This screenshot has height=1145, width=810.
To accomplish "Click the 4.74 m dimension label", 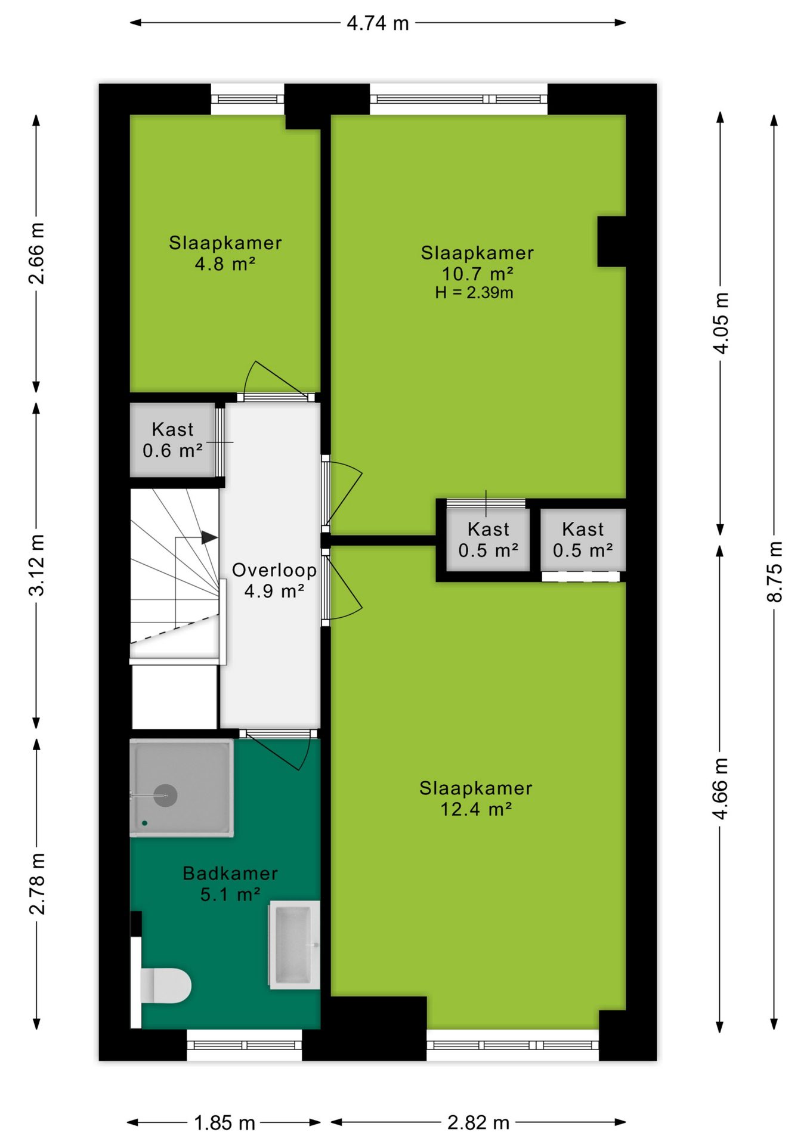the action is point(378,23).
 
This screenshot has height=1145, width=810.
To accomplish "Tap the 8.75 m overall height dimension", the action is point(774,571).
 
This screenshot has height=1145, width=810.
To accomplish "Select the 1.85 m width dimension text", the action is point(224,1123).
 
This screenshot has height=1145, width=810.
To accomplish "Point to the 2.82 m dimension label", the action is point(478,1122).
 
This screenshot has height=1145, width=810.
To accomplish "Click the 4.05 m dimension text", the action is point(721,323).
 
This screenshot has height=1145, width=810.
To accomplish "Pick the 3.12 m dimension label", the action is point(36,565).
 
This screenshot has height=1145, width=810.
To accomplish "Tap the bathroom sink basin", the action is point(294,945).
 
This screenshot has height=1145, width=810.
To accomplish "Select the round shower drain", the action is point(165,796).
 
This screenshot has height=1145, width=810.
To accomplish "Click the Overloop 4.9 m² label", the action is point(274,580).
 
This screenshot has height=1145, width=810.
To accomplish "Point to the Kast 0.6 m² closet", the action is point(173,440).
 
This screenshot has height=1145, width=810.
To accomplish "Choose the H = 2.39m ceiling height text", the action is point(474,293).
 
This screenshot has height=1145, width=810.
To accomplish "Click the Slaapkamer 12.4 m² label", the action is point(475,799).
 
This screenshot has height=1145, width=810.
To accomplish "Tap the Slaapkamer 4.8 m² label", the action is point(225,253).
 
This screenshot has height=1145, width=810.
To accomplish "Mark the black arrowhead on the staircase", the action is point(209,537).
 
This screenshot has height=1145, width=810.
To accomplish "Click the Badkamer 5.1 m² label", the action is point(230,884).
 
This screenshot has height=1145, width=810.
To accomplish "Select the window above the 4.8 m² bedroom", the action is point(248,99).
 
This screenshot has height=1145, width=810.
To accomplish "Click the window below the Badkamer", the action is point(245,1045).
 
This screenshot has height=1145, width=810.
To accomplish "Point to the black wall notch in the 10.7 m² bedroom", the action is point(611,241).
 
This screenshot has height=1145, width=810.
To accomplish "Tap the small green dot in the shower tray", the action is point(144,823).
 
